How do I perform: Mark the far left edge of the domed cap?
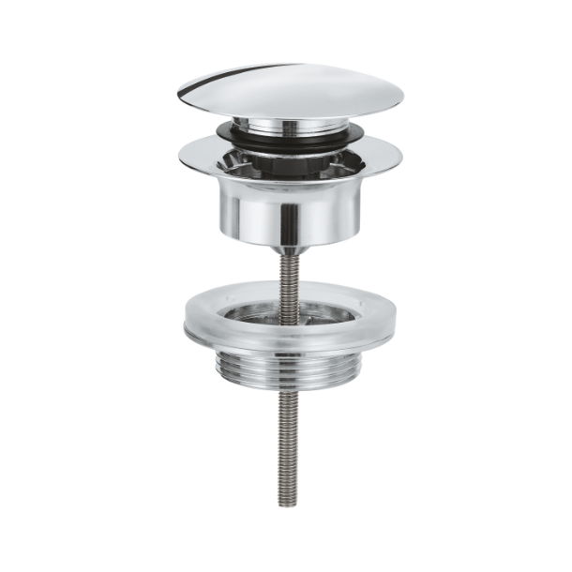click(178, 93)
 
